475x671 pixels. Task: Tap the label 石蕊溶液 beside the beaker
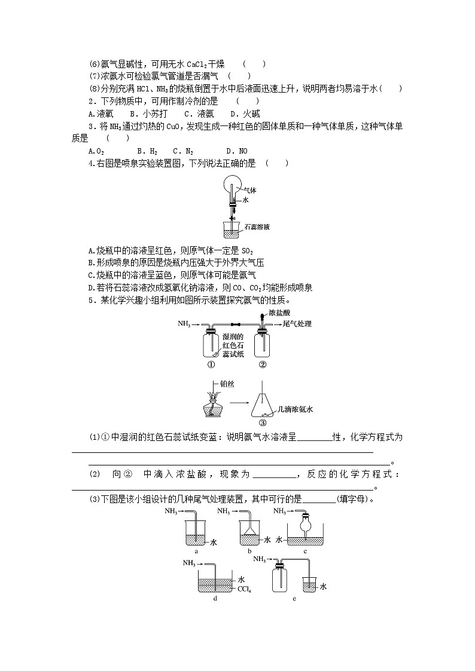click(257, 227)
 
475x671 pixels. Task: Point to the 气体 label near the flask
click(249, 190)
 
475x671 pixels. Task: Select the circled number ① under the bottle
click(211, 364)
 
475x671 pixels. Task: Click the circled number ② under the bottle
click(262, 364)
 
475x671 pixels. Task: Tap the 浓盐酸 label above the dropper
click(279, 312)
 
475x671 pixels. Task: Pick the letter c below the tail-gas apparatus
click(305, 551)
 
